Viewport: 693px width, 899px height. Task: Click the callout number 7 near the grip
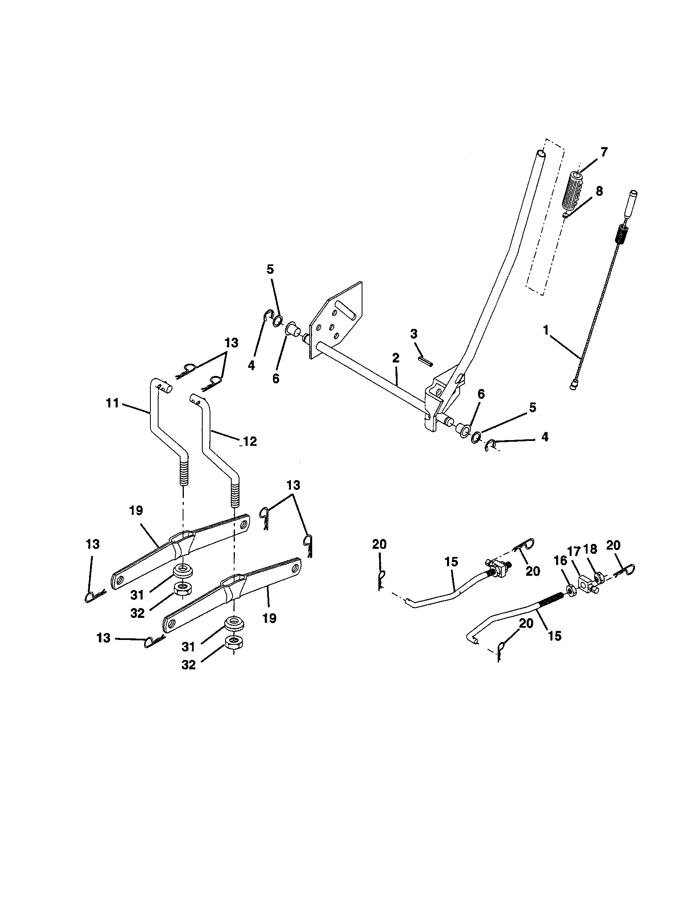[603, 152]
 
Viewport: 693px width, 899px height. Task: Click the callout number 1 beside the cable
[546, 331]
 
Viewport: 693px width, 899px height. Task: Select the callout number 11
[112, 403]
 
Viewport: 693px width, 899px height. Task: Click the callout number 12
[250, 442]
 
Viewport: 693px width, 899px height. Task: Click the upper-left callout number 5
[270, 269]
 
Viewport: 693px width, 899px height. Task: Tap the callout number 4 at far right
[544, 437]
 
